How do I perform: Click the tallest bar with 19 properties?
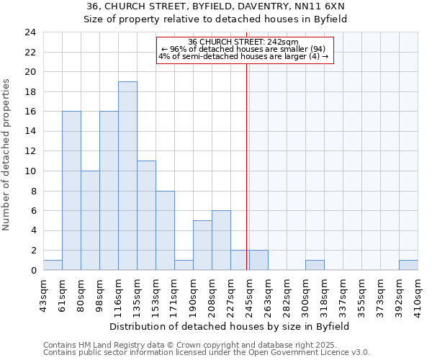coord(127,176)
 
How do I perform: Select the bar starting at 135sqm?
coord(146,215)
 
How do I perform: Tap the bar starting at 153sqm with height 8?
coord(165,230)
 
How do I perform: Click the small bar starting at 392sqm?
coord(408,265)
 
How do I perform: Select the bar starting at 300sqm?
coord(315,265)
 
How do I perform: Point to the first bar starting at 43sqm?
coord(53,265)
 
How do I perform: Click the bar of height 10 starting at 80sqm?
coord(90,220)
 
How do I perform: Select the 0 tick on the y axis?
coord(33,270)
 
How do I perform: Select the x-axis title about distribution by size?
coord(230,326)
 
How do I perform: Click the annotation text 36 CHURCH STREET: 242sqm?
coord(243,42)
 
